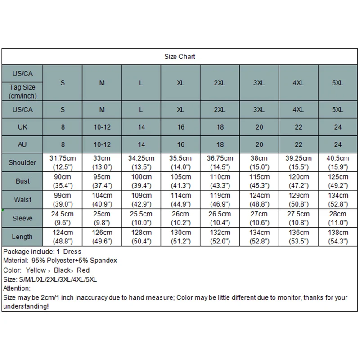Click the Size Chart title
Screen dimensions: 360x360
(x=180, y=57)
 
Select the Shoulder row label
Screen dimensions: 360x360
(x=22, y=162)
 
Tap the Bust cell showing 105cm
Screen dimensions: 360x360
(x=180, y=181)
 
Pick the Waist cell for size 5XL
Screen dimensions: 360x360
(x=338, y=199)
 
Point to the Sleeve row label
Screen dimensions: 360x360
(x=22, y=218)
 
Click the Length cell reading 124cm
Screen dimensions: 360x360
(x=63, y=237)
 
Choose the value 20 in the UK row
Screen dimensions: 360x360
(x=259, y=127)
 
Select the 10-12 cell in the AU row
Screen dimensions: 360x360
(x=102, y=145)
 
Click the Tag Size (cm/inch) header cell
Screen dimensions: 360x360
(x=22, y=91)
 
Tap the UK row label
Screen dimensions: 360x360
(x=22, y=127)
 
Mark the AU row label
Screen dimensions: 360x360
(x=22, y=145)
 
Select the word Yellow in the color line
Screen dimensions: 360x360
(x=36, y=270)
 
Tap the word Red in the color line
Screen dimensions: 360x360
(x=83, y=270)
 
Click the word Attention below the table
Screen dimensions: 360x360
(x=16, y=288)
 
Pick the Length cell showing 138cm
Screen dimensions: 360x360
(x=338, y=237)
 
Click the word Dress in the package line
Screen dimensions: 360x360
(x=73, y=251)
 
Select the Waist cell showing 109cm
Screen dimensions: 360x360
(x=141, y=199)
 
